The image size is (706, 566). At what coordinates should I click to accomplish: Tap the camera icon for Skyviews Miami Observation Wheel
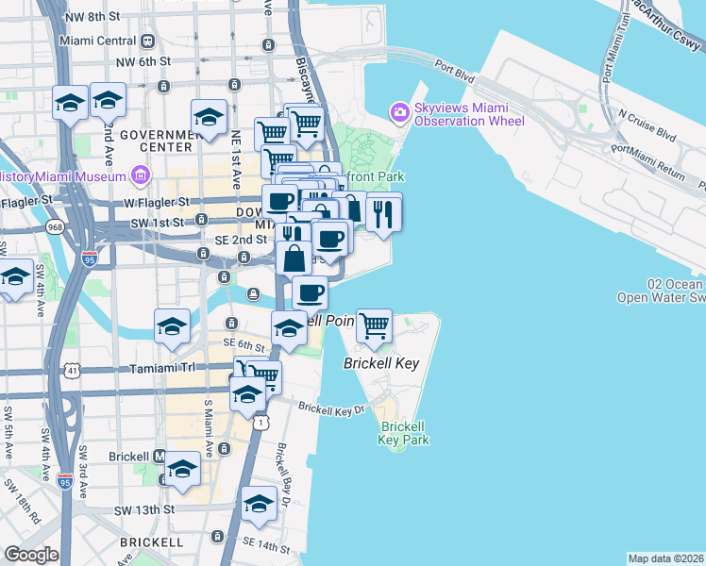coord(400,113)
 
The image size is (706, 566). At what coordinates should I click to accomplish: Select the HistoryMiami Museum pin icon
coord(141,175)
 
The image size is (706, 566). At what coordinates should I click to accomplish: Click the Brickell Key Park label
coord(404,433)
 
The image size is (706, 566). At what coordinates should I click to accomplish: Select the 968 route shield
coord(53,227)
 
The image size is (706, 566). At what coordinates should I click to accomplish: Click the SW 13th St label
coord(145,509)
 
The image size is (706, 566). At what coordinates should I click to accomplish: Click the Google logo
coord(30,555)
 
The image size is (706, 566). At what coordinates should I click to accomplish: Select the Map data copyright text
coord(665,558)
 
